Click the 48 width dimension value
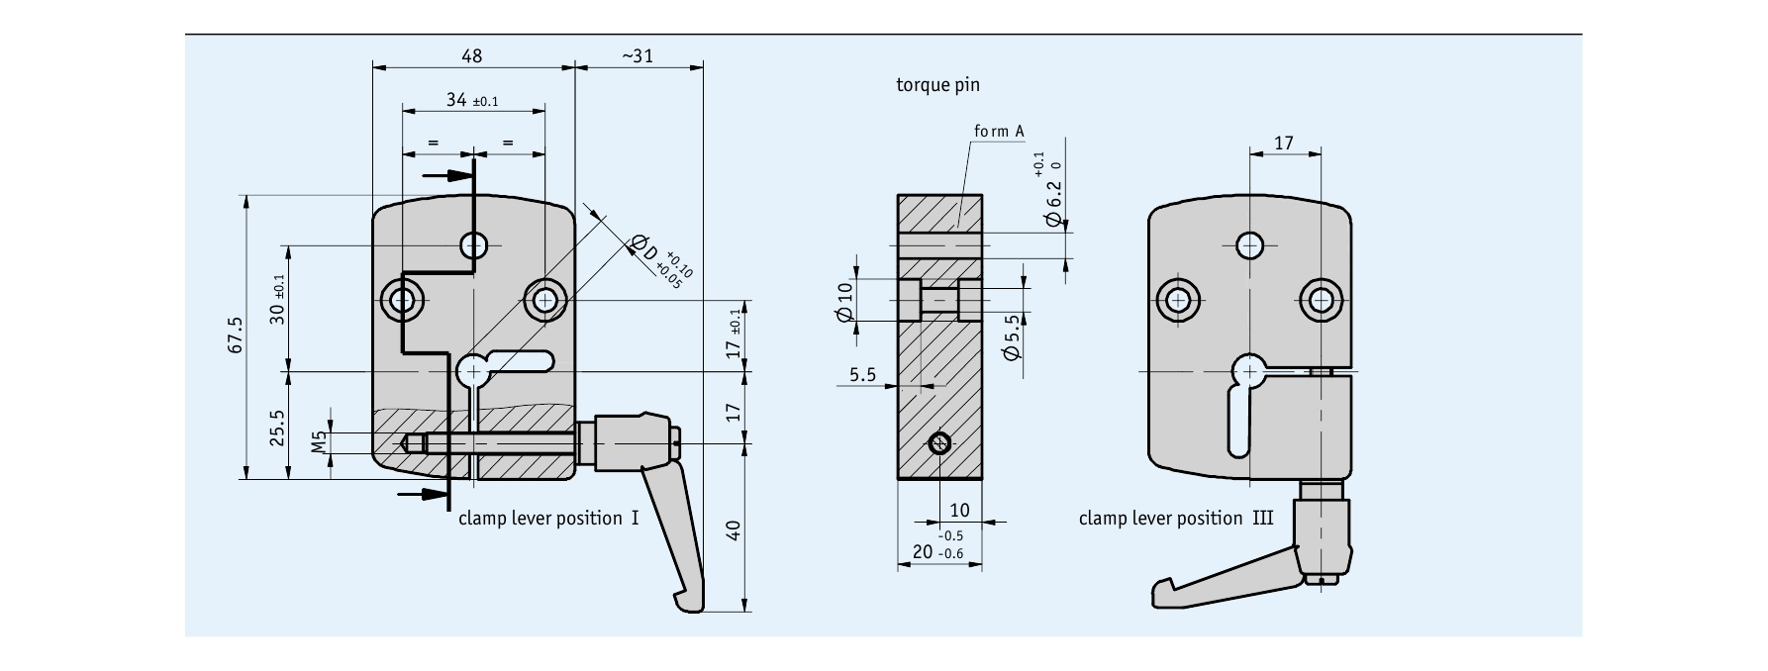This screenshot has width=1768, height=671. [x=471, y=56]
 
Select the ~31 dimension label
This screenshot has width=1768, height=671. [x=638, y=56]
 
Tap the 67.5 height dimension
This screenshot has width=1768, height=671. [x=235, y=335]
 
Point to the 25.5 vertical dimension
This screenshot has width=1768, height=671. [x=278, y=429]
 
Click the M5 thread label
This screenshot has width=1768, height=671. [x=319, y=441]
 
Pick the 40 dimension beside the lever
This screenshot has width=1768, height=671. [x=734, y=530]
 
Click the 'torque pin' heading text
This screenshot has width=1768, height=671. [x=937, y=85]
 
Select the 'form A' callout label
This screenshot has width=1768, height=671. [x=999, y=132]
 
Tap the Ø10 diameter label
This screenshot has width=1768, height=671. [x=844, y=301]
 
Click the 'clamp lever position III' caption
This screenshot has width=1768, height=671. [x=1176, y=519]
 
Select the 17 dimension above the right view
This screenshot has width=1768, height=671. [x=1284, y=144]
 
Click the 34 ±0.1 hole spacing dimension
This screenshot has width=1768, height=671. [x=472, y=100]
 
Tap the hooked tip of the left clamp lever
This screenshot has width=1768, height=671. [x=686, y=601]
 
